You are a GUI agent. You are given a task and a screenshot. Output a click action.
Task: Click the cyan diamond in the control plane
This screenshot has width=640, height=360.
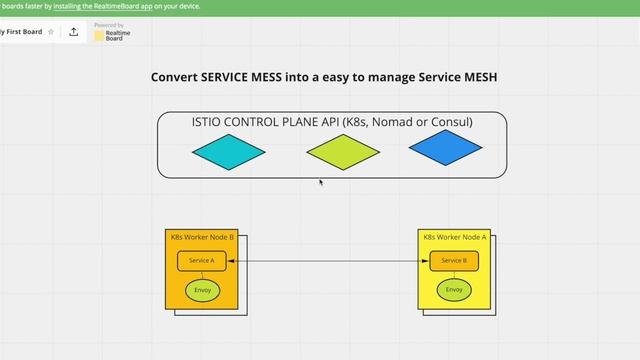(229, 152)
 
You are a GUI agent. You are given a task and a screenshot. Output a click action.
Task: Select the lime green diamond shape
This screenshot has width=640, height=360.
(343, 152)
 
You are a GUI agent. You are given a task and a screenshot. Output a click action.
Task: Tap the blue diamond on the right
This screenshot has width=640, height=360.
(445, 149)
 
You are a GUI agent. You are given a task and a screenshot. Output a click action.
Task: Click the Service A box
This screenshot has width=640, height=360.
(202, 261)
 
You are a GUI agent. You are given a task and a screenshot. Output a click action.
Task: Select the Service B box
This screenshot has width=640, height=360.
(454, 261)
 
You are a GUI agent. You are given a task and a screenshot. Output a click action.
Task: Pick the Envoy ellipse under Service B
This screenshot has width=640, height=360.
(454, 290)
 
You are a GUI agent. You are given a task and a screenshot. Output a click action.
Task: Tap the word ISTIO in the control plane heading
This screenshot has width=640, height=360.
(210, 122)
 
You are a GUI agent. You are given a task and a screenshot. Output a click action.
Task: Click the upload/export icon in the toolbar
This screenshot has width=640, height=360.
(74, 32)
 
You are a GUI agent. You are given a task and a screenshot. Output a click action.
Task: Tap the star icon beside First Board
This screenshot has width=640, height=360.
(51, 32)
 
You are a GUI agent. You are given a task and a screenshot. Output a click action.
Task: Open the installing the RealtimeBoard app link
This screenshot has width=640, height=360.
(101, 6)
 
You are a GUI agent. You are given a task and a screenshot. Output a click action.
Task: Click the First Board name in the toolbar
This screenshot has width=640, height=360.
(20, 32)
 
